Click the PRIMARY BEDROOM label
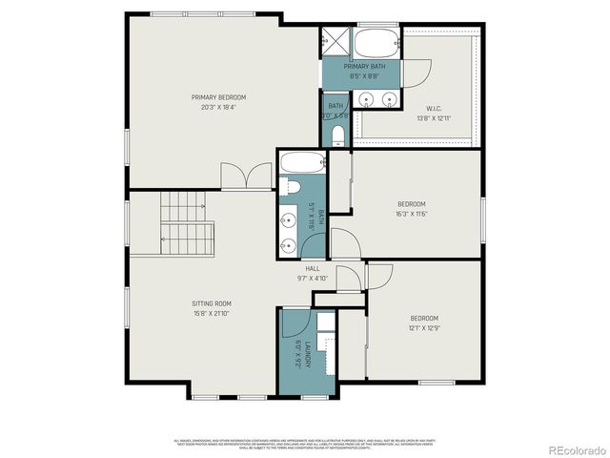[x=218, y=97]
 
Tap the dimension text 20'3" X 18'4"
[x=218, y=107]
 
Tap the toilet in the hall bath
[x=292, y=186]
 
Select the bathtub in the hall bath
[x=290, y=162]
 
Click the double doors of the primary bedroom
[x=240, y=177]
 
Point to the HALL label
[x=312, y=269]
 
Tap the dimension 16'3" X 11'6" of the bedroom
[x=412, y=213]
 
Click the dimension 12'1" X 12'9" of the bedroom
[x=424, y=327]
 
